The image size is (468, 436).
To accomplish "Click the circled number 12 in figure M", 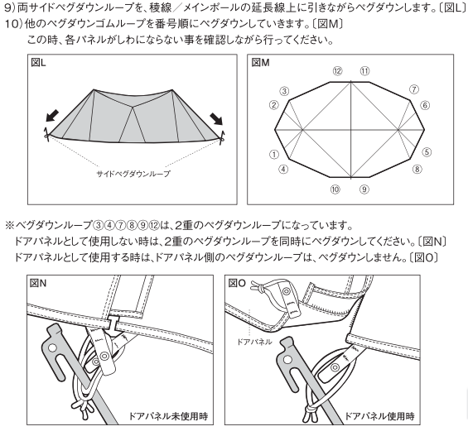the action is (337, 71).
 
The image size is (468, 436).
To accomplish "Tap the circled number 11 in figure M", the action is (364, 71).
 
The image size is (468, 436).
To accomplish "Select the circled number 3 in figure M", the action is (284, 91).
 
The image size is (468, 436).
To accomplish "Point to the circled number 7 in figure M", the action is (413, 89).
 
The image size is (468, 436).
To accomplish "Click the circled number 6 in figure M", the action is (425, 105).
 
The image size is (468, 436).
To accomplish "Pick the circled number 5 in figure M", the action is (427, 152).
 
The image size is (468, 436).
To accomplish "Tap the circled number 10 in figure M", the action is (335, 189).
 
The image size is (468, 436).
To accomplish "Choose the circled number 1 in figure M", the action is (273, 155).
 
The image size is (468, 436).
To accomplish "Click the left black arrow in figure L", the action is (52, 116).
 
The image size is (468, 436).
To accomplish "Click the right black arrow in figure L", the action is (216, 119).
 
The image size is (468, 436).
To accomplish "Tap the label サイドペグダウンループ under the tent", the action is (133, 174).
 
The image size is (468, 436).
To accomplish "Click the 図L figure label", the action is (38, 63).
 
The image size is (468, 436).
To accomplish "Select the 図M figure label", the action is (260, 63).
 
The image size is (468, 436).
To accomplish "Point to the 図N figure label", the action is (38, 283).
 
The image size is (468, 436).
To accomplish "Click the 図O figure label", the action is (237, 283).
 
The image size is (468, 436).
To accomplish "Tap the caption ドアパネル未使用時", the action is (168, 416).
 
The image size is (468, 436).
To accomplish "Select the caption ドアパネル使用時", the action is (379, 416).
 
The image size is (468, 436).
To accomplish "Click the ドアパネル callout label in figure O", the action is (254, 342).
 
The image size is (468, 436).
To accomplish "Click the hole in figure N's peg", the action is (52, 347).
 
